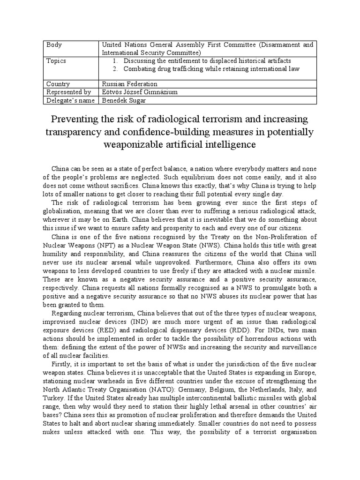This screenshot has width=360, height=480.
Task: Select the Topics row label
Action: (56, 61)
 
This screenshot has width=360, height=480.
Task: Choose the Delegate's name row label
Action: (68, 100)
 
